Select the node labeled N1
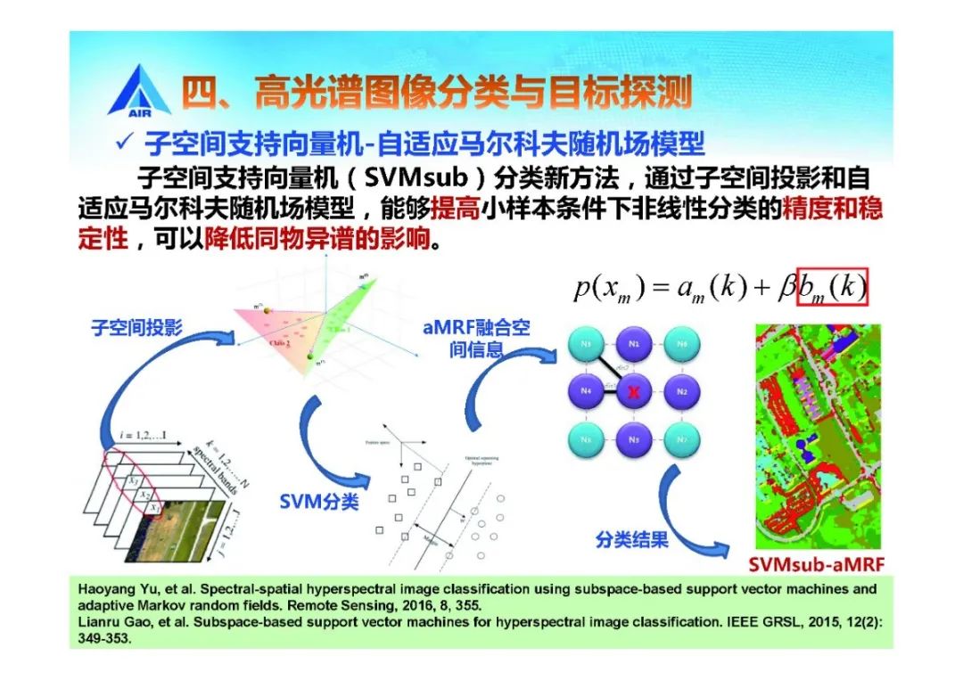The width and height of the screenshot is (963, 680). [634, 343]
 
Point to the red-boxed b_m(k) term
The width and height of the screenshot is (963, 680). [832, 287]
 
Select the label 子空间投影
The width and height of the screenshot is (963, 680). [136, 328]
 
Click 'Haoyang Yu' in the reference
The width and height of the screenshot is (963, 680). [111, 589]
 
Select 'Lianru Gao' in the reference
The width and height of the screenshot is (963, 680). [109, 621]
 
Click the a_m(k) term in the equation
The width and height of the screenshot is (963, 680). [688, 288]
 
